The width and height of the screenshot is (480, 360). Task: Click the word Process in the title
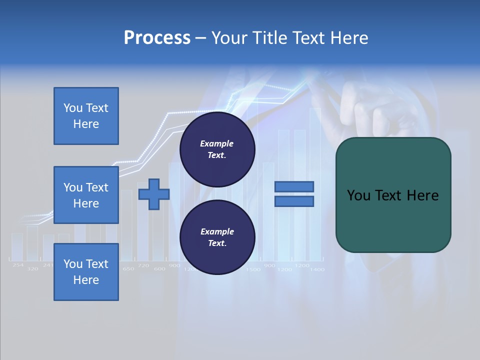point(157,37)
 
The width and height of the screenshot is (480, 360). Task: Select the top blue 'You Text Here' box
point(86,116)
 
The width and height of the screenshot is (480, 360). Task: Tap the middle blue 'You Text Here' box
point(86,195)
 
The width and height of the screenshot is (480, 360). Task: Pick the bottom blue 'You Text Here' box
point(86,272)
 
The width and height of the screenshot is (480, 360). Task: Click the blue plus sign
point(154,194)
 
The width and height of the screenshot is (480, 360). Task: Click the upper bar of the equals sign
point(294,186)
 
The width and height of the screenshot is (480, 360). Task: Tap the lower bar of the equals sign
point(294,201)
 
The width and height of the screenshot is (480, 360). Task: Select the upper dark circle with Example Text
point(217,149)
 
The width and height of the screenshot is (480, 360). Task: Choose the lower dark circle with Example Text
point(217,237)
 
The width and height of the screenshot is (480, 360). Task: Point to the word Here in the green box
point(422,195)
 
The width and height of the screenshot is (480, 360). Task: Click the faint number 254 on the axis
point(18,265)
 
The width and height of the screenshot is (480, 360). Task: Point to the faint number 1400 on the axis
point(317,269)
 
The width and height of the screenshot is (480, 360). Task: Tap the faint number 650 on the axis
point(128,269)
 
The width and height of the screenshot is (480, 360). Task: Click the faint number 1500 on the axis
point(253,269)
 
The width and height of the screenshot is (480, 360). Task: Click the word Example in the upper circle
point(217,143)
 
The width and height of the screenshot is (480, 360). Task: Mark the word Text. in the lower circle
point(217,243)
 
